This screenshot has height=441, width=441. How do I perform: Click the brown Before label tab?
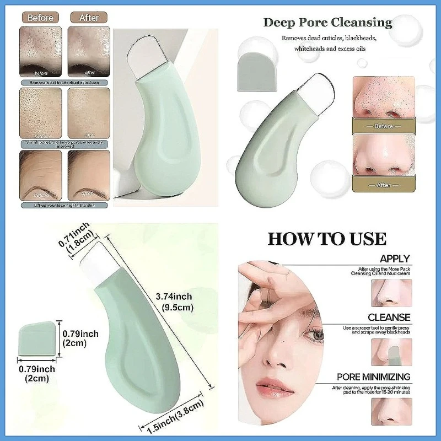point(41,18)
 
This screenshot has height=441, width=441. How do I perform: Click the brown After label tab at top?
point(89,18)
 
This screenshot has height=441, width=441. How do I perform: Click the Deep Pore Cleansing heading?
point(327,23)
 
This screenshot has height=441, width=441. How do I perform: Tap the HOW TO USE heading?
point(327,239)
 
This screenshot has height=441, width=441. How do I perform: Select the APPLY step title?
point(395,258)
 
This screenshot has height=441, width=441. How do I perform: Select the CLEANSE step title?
point(389,318)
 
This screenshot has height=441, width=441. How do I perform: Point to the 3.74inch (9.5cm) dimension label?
point(176,302)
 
